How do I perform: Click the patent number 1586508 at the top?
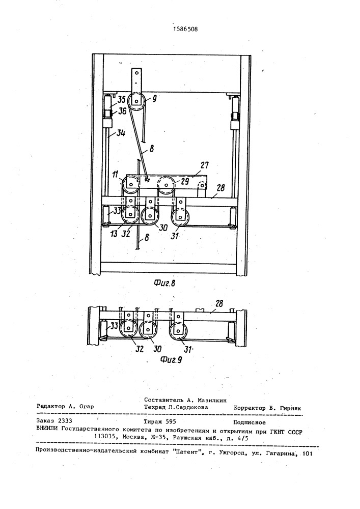click(x=185, y=29)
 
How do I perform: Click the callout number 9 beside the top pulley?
click(x=154, y=99)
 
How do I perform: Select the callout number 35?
click(x=121, y=100)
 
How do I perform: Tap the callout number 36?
click(x=122, y=111)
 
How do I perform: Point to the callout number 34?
click(x=121, y=133)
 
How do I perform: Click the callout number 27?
click(x=204, y=165)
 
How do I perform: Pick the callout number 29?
click(x=184, y=181)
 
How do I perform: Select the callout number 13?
click(x=114, y=234)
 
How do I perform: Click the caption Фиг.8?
click(x=164, y=283)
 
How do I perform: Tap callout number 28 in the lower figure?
click(x=219, y=303)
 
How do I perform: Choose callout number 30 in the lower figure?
click(x=157, y=349)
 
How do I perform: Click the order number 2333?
click(x=65, y=421)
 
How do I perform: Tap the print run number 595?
click(x=171, y=421)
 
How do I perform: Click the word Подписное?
click(x=250, y=422)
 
